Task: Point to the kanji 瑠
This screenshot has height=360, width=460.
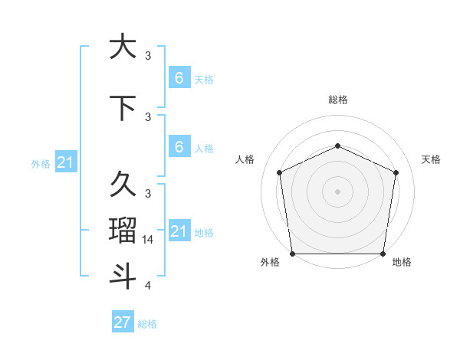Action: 123,230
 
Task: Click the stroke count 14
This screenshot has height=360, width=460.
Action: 148,240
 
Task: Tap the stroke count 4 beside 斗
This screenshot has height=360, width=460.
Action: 148,286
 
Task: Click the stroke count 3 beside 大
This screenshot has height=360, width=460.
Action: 148,56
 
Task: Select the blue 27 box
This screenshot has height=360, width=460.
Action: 122,322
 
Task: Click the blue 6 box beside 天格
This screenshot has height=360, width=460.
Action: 179,78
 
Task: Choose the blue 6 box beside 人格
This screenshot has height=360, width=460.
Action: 179,147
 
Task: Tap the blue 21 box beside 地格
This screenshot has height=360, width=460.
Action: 179,231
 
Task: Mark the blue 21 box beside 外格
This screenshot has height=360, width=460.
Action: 65,162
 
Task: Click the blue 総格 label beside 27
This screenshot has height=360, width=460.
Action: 147,324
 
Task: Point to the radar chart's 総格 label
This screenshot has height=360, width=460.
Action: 337,100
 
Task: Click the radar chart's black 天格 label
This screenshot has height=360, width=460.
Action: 431,159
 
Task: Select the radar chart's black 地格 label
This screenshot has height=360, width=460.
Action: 402,262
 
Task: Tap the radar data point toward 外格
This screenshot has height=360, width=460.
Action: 292,254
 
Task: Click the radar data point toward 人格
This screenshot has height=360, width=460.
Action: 279,172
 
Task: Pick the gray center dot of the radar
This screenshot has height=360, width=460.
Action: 337,191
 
